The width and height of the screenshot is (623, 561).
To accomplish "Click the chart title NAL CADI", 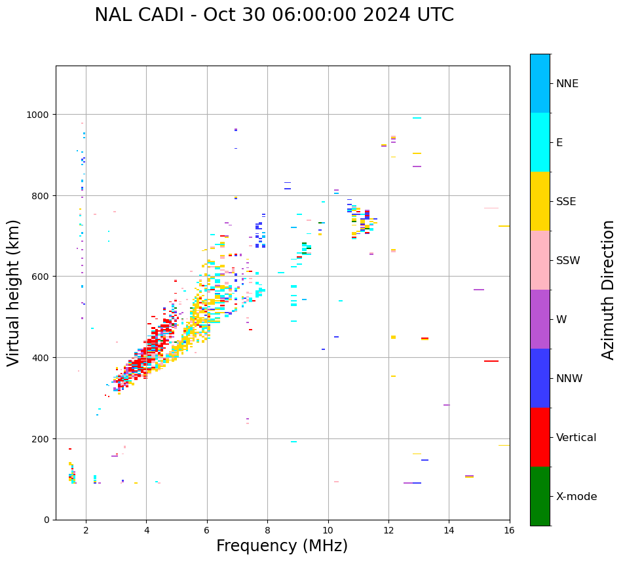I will tap(274, 15).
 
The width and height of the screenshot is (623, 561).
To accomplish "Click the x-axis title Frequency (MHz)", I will tap(282, 546).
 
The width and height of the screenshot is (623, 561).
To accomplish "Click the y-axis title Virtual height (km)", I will tap(14, 292).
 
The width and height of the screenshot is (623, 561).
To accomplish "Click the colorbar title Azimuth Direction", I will tap(609, 290).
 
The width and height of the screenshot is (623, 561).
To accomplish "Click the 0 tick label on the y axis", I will tap(47, 520).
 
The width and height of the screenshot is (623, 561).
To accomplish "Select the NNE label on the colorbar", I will tap(567, 83).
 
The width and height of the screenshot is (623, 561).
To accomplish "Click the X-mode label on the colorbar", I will tap(576, 497).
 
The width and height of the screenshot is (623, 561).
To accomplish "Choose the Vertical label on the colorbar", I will tap(576, 438).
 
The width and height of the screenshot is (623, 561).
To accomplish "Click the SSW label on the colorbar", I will tap(568, 261).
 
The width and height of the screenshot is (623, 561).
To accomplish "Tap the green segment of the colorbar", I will tap(540, 496).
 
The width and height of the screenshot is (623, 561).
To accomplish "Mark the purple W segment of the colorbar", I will tap(540, 319).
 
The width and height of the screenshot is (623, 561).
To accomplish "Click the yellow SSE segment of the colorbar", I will tap(540, 201).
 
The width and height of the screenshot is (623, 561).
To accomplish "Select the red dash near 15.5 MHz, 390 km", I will tap(491, 361).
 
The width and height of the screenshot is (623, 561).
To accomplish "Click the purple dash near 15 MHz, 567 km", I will tap(479, 290).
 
